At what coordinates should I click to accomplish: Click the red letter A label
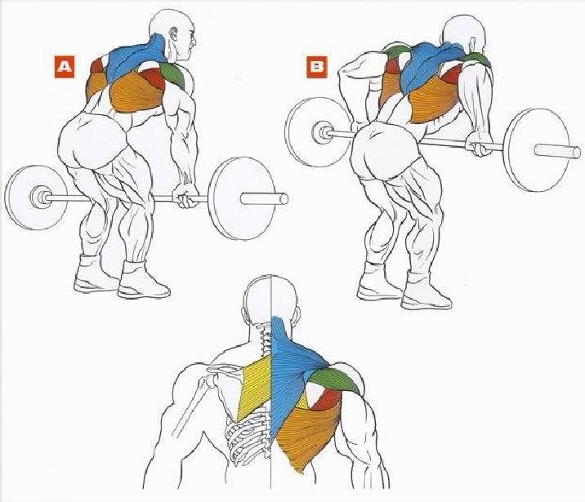click(x=65, y=67)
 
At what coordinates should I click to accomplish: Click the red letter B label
click(x=317, y=68)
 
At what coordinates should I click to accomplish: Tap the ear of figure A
click(x=174, y=34)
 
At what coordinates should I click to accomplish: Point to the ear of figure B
click(x=471, y=42)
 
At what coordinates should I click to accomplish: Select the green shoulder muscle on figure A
click(x=173, y=73)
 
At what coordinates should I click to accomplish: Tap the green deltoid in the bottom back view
click(x=335, y=380)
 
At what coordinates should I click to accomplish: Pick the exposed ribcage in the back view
click(x=248, y=437)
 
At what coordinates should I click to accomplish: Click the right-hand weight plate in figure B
click(x=531, y=150)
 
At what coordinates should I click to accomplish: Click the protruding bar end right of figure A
click(x=264, y=198)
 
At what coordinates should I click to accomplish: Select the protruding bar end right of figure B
click(x=557, y=151)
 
